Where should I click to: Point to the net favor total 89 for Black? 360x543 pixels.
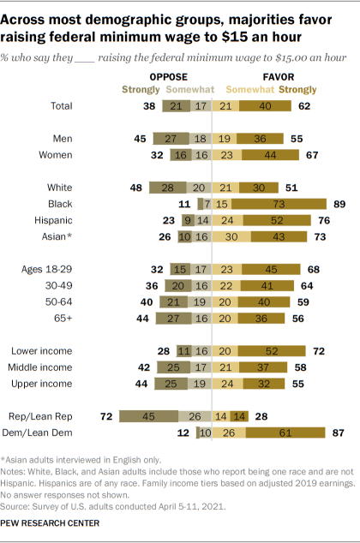pos(337,205)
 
